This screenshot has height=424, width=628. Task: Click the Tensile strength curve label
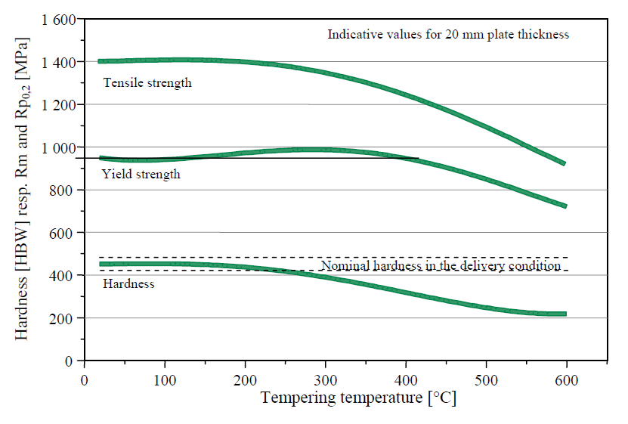pos(147,82)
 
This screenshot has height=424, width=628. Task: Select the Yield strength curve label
pos(141,175)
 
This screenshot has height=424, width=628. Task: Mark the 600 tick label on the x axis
pos(567,377)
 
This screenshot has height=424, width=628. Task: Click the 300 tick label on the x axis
pos(325,377)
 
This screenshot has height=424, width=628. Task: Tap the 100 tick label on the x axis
pos(164,377)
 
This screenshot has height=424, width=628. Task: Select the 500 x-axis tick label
pos(486,377)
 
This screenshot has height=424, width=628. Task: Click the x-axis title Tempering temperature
pos(358,398)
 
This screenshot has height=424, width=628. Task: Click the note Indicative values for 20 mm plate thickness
pos(447,34)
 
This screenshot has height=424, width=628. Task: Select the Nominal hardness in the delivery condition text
pos(441,266)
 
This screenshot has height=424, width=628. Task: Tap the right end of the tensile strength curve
pos(563,162)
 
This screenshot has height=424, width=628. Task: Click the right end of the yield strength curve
pos(563,206)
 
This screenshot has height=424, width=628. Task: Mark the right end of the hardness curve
pos(564,314)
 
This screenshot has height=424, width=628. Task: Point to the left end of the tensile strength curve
pos(101,61)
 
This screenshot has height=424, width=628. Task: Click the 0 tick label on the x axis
pos(84,377)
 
